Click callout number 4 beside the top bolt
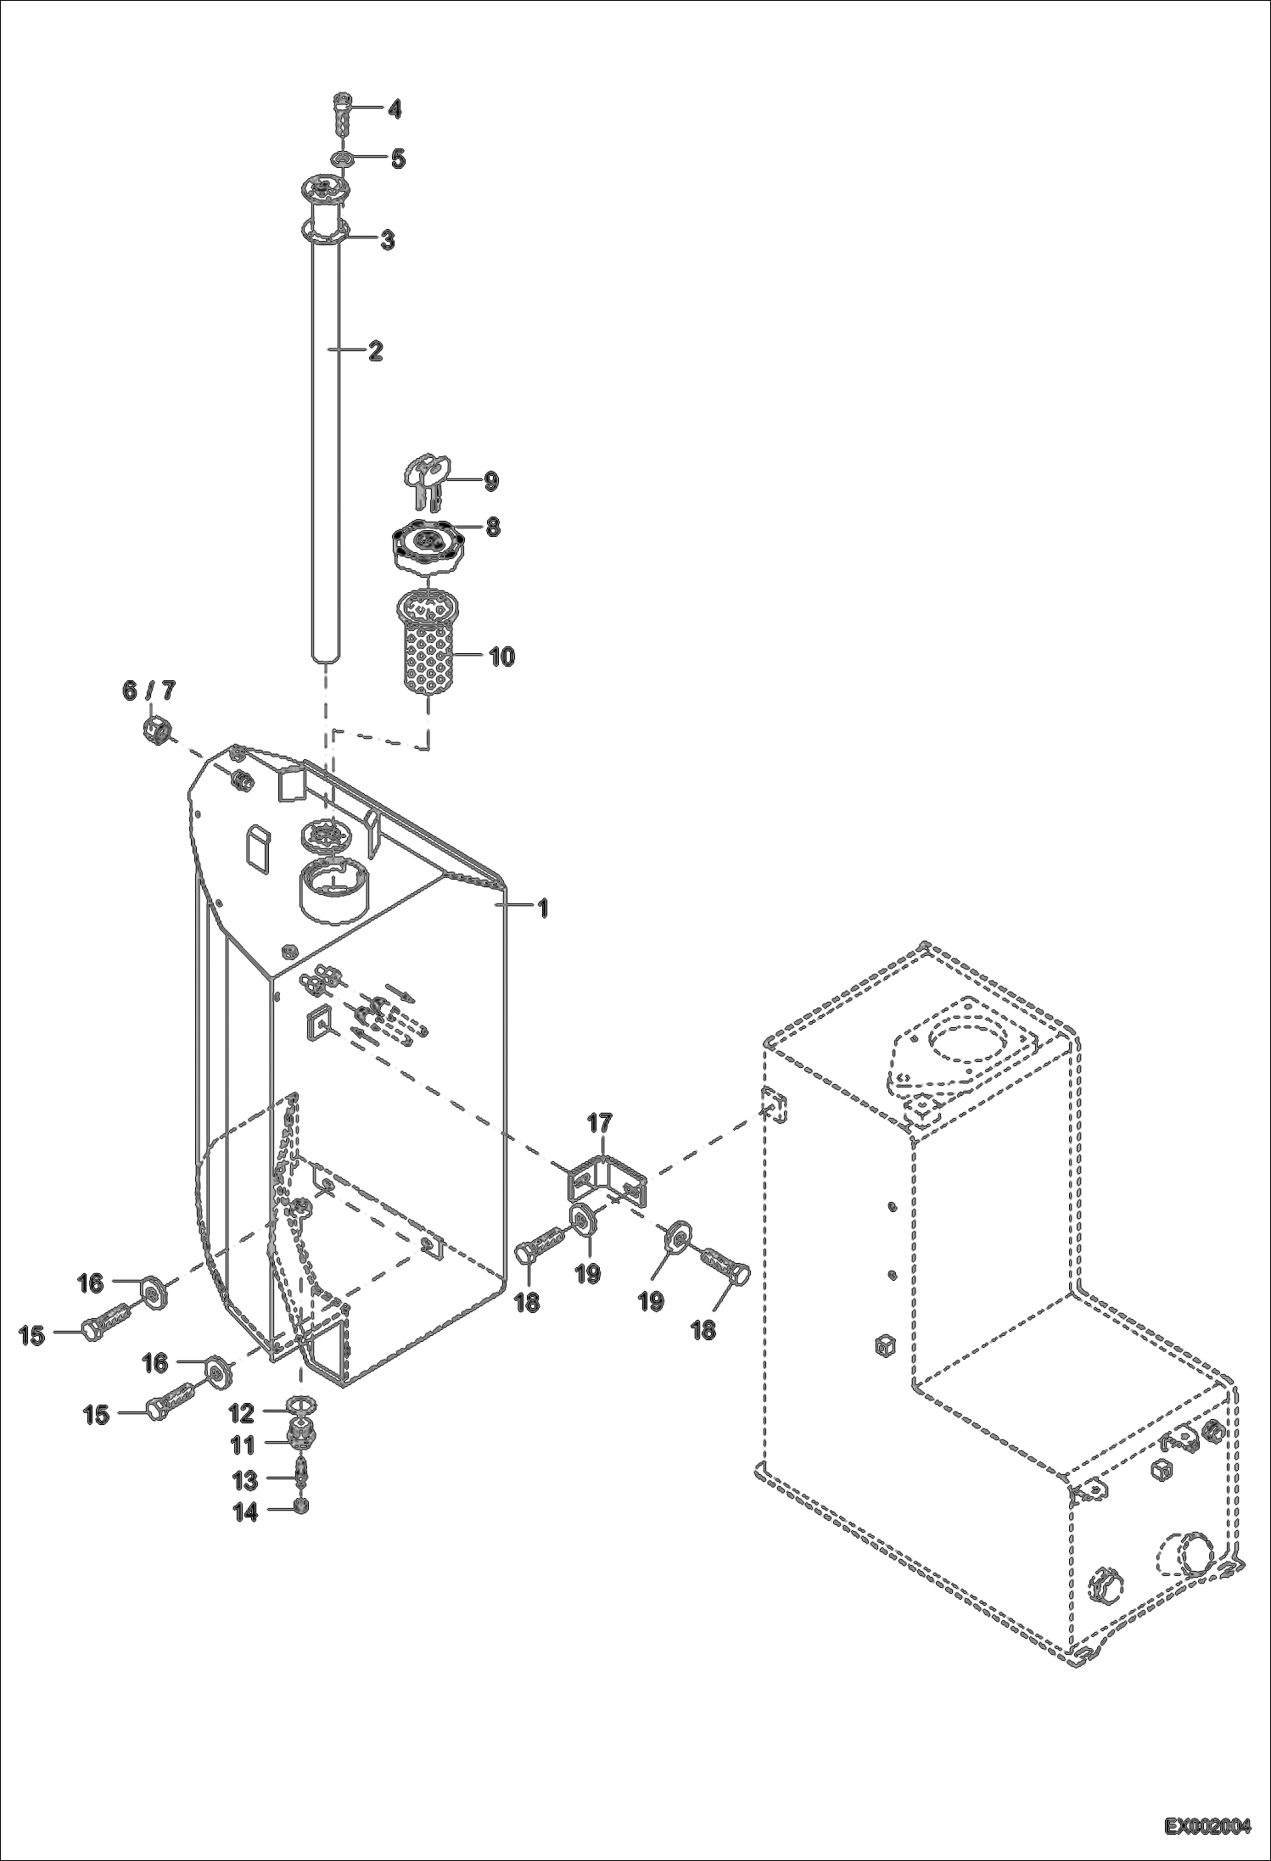(394, 109)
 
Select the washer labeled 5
(344, 159)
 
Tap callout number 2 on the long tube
(375, 349)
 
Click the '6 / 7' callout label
(149, 690)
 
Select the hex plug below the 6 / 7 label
(155, 727)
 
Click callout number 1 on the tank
(541, 908)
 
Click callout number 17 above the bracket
(599, 1123)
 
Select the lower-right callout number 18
(703, 1329)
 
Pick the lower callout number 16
(155, 1362)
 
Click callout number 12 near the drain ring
(242, 1414)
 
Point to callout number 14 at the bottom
(245, 1512)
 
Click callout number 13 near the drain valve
(245, 1480)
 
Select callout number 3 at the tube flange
(386, 240)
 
